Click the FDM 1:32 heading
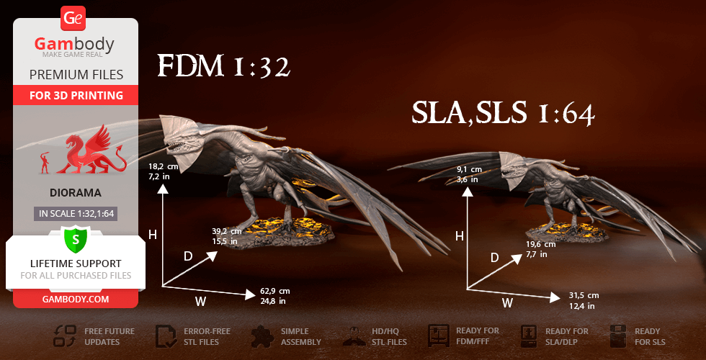coord(223,67)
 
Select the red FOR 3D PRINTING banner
coord(76,95)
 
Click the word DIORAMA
coord(76,193)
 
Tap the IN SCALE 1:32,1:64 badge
coord(76,213)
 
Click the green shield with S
coord(75,238)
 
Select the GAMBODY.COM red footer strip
coord(76,299)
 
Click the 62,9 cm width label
coord(275,296)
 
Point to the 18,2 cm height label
coord(164,170)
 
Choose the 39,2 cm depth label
coord(225,236)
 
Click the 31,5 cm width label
coord(584,300)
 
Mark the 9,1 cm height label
coord(469,174)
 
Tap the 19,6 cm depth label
coord(541,249)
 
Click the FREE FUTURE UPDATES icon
coord(66,336)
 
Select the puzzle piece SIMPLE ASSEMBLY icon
coord(263,336)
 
